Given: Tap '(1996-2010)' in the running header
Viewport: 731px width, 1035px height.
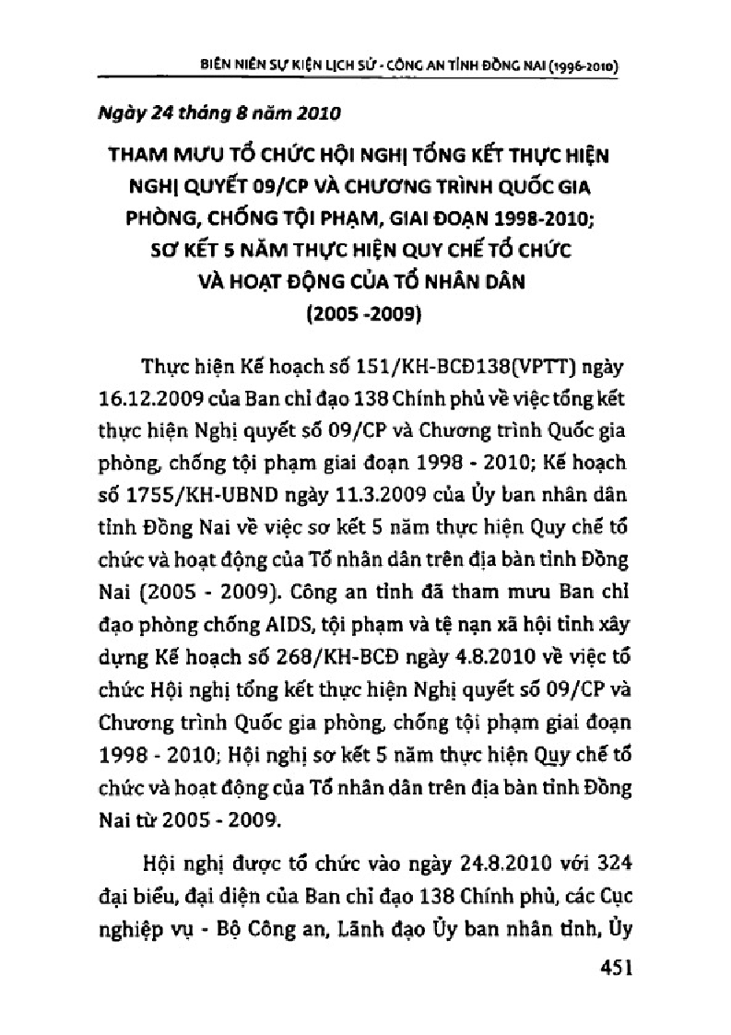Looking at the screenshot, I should click(x=582, y=67).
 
